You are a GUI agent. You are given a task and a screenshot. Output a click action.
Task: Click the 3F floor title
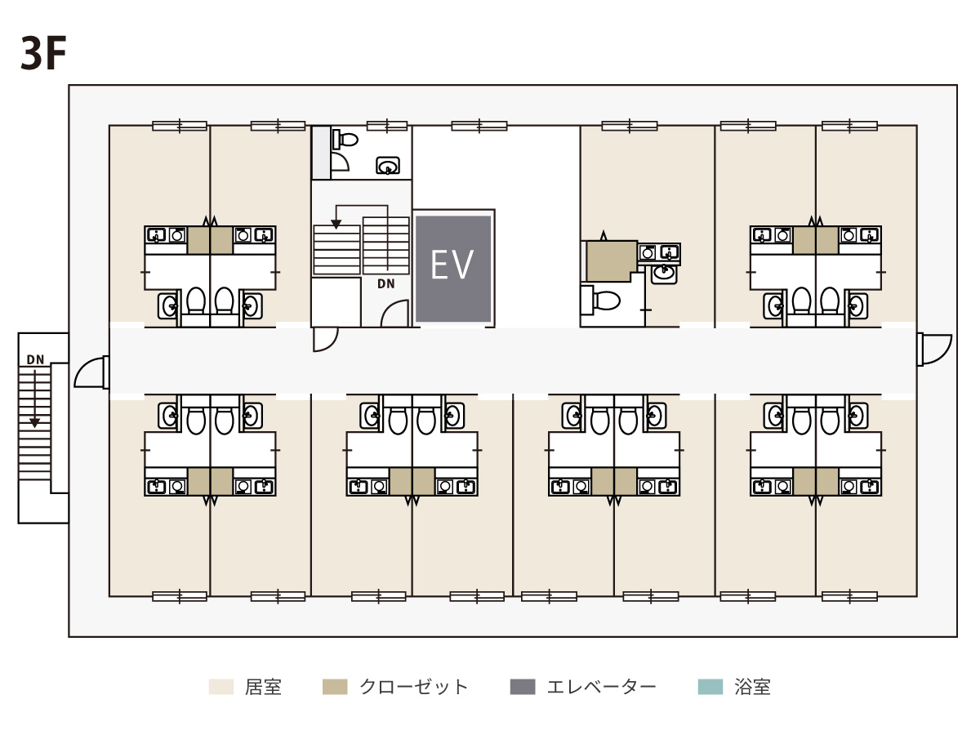pos(43,53)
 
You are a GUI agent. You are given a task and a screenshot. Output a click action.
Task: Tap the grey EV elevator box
pos(453,269)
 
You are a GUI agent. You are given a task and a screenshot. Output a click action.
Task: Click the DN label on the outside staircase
pos(35,359)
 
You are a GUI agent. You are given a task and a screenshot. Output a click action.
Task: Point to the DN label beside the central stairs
pos(385,283)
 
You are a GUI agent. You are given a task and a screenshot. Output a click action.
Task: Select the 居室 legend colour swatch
pos(221,687)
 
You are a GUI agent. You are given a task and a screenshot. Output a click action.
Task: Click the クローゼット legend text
pos(413,687)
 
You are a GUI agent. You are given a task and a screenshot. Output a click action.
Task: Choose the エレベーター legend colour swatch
pos(523,687)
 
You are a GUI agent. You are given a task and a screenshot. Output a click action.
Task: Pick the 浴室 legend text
pos(752,687)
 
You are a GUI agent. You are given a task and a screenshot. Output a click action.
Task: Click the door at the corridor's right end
pos(934,350)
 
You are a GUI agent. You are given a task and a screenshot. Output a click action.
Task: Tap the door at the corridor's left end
pos(91,372)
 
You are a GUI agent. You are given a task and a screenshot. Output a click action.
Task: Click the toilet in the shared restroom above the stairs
pos(345,139)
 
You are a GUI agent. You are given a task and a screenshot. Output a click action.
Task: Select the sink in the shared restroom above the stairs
pos(388,166)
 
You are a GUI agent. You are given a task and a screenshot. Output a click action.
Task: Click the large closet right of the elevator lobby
pos(611,261)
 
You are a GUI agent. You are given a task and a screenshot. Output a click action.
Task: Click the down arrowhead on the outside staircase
pos(34,423)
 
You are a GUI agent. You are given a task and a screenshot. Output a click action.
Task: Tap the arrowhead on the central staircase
pos(336,225)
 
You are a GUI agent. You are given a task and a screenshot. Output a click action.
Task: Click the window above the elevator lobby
pos(479,126)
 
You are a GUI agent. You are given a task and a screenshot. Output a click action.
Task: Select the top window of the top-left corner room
pos(180,126)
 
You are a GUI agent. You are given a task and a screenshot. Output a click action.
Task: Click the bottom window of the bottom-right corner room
pos(849,596)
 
